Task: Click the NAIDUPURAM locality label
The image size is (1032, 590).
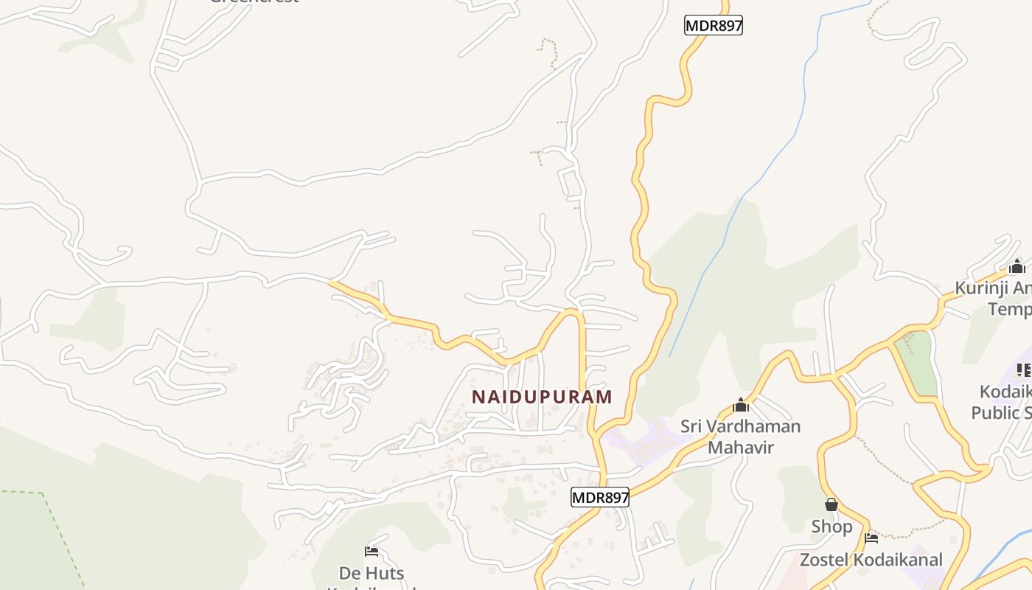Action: tap(542, 397)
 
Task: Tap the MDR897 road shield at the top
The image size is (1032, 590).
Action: tap(713, 26)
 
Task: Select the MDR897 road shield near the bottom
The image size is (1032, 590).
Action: tap(600, 498)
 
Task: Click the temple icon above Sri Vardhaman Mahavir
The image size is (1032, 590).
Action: tap(741, 405)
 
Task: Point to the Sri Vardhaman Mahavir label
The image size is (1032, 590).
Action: tap(740, 436)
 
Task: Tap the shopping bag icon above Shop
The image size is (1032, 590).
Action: tap(831, 504)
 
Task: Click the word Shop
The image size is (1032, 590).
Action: tap(831, 527)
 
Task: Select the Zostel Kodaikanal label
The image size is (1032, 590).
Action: tap(871, 560)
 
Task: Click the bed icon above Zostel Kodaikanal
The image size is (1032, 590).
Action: tap(871, 538)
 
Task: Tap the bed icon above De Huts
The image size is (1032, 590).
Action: tap(372, 551)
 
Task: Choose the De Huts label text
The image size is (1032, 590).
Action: tap(372, 573)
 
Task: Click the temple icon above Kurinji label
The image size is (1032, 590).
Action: tap(1017, 267)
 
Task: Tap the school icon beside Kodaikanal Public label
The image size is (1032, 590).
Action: tap(1024, 370)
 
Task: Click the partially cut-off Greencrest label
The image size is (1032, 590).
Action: tap(254, 2)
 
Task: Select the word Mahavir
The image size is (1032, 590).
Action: tap(740, 447)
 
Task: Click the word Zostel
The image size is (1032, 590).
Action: tap(825, 560)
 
